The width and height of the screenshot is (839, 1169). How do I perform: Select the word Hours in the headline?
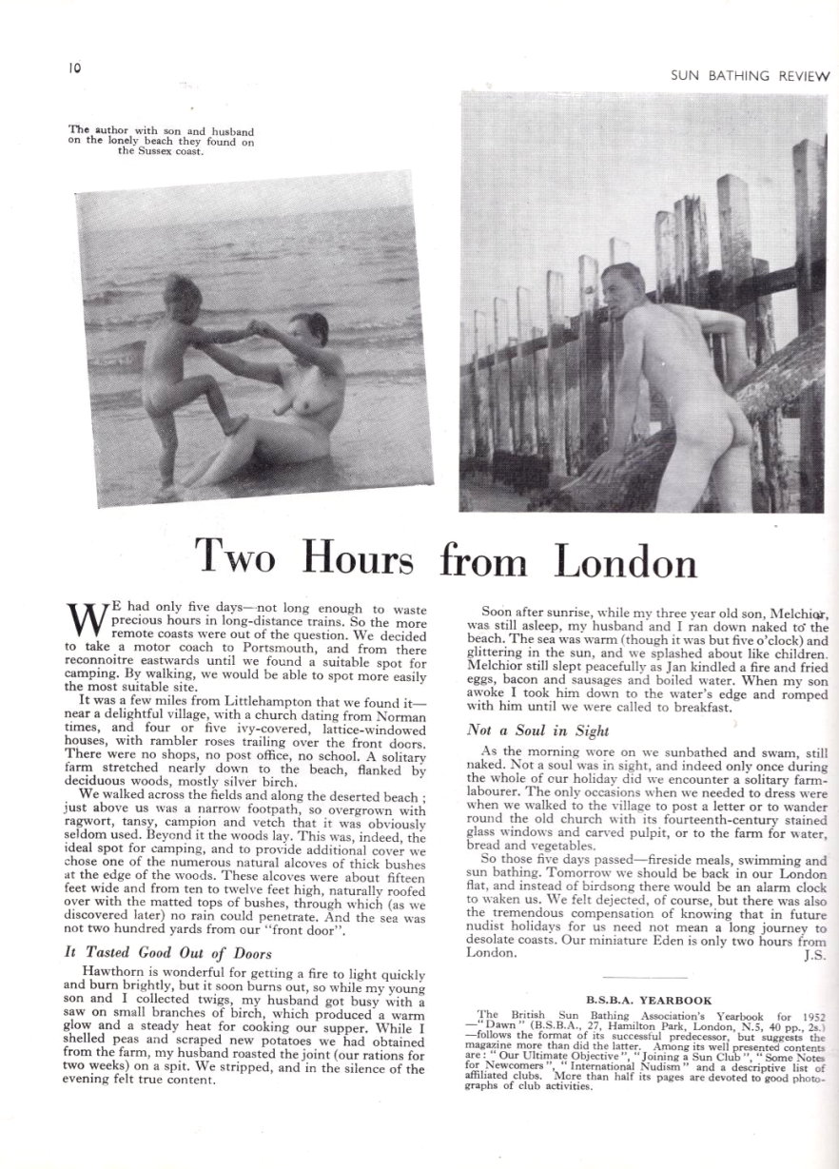click(359, 560)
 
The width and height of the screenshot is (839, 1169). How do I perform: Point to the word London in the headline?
click(625, 560)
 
